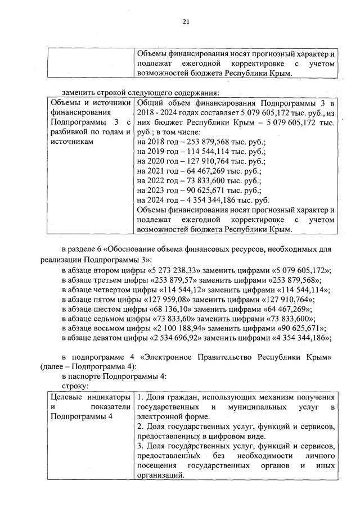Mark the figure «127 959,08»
[145, 299]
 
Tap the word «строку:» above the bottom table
[75, 387]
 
